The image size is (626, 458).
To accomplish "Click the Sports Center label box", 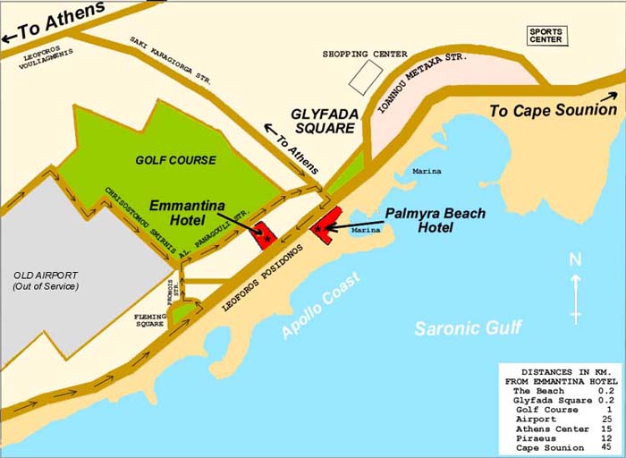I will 546,36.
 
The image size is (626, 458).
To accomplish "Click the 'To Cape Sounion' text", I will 553,110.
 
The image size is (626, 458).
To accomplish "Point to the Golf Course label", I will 175,160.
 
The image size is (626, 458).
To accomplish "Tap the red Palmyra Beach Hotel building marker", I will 325,224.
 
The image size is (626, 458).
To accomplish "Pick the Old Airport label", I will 46,280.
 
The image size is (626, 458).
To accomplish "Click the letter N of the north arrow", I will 576,260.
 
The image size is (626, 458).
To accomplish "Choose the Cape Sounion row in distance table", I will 548,447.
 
